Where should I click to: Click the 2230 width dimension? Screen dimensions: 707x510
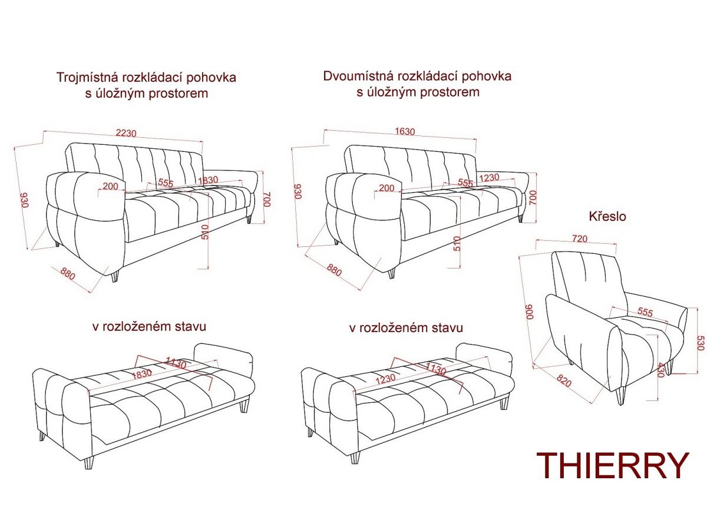click(x=126, y=133)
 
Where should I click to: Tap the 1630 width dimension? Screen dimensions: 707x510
click(x=405, y=131)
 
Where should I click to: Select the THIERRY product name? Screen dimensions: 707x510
click(x=613, y=465)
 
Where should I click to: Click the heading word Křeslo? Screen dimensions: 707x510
click(x=607, y=217)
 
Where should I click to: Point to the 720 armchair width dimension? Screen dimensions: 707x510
click(x=580, y=239)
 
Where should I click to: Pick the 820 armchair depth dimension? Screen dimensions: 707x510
click(x=564, y=380)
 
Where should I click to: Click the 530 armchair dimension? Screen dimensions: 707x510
click(x=700, y=343)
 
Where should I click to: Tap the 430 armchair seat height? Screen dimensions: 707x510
click(x=660, y=370)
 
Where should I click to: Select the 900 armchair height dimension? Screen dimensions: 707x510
click(x=529, y=312)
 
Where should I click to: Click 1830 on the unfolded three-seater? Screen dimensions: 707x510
click(x=142, y=375)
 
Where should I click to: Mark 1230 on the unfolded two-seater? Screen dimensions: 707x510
click(x=385, y=379)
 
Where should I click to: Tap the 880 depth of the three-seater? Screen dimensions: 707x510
click(x=68, y=274)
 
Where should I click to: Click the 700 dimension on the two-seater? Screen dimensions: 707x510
click(x=533, y=197)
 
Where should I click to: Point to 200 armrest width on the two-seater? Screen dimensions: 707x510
click(x=386, y=188)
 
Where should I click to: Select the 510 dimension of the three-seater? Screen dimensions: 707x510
click(x=205, y=232)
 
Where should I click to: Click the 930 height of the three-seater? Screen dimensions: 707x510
click(x=25, y=200)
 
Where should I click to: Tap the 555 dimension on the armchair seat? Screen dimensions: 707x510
click(x=645, y=312)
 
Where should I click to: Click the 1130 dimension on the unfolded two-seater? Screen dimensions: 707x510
click(x=435, y=369)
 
